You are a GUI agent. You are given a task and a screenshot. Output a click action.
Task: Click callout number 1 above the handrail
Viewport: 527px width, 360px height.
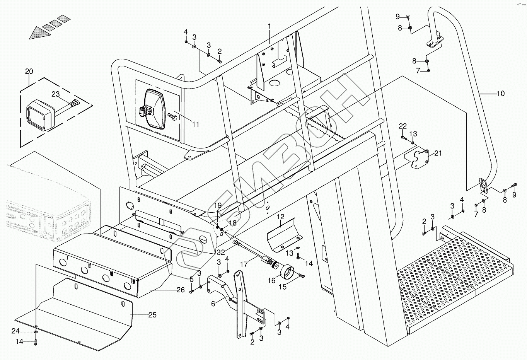pos(269,26)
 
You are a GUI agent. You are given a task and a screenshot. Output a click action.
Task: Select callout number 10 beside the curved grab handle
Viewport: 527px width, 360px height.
pos(501,94)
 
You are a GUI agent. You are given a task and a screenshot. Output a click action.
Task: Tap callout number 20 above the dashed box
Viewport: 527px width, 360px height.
pos(29,71)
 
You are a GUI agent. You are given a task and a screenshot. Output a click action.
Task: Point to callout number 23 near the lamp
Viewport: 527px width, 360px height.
pos(56,94)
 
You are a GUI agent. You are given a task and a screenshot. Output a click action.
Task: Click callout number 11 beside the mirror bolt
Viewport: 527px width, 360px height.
pos(196,124)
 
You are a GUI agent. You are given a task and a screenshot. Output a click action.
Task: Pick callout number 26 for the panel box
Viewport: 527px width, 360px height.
pos(181,290)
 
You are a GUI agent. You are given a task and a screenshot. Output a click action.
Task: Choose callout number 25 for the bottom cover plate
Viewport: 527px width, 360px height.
pos(152,315)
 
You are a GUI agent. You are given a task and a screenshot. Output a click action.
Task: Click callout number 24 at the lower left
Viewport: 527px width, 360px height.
pos(15,331)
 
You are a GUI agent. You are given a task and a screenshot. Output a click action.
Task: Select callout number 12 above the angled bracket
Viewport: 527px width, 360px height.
pos(281,217)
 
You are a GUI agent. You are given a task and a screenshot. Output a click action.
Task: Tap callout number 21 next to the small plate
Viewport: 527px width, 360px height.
pos(438,154)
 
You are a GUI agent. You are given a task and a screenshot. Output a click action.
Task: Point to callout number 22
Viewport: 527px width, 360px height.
pos(402,126)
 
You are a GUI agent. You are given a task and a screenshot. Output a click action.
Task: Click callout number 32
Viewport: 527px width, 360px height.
pos(221,253)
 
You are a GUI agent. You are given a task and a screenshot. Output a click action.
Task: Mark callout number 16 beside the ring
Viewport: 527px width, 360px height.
pos(271,280)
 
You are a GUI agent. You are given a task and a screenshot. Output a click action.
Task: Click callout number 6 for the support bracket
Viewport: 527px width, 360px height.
pos(213,304)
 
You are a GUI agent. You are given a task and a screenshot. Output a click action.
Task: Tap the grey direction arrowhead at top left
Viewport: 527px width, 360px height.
pos(40,33)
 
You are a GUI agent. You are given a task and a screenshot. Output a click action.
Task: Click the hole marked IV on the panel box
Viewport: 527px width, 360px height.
pos(127,286)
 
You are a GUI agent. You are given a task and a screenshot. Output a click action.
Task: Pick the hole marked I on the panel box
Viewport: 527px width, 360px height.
pos(63,262)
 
